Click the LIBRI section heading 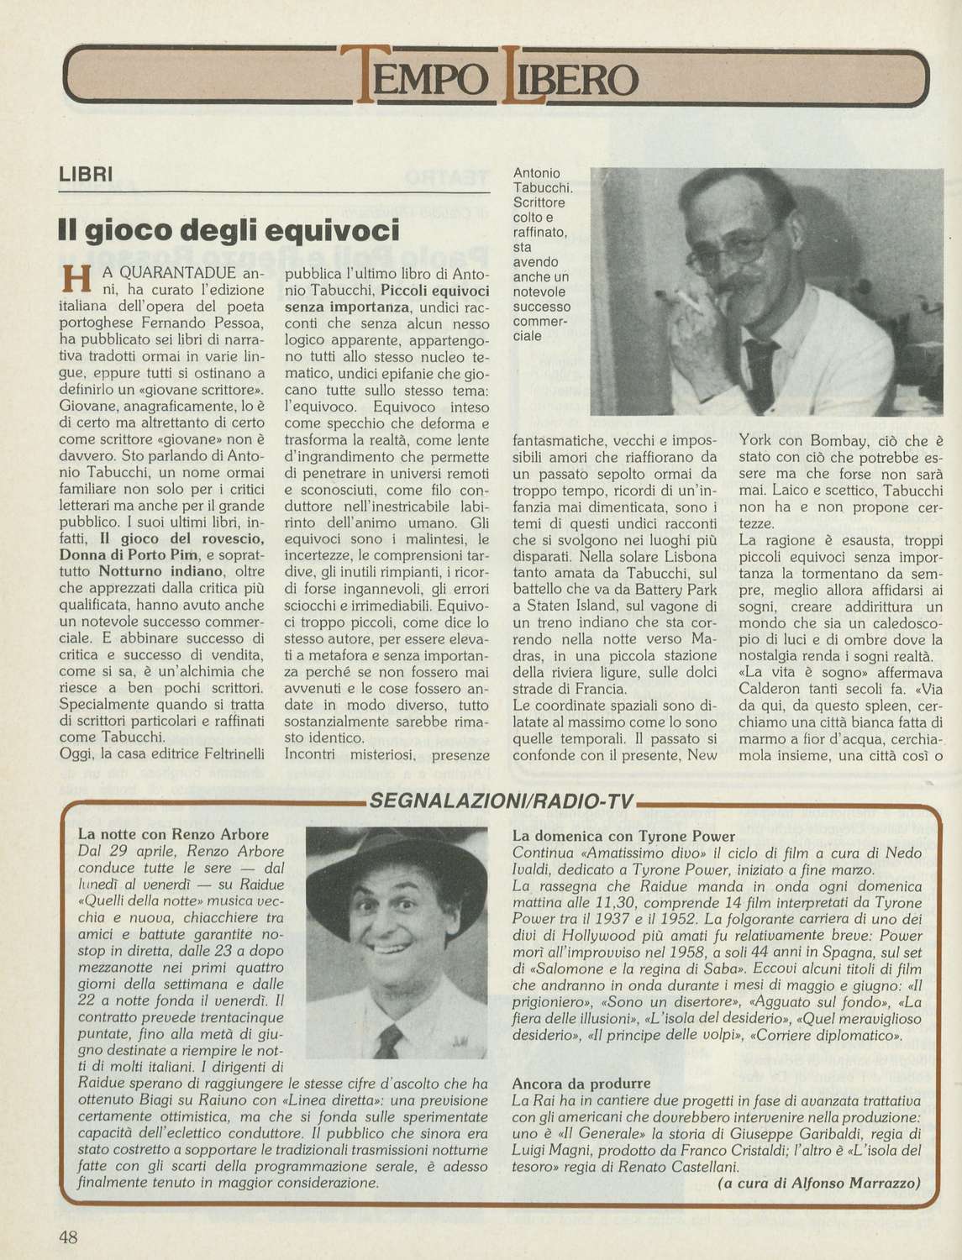[86, 176]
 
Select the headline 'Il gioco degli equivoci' [227, 228]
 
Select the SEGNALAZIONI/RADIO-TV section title [501, 802]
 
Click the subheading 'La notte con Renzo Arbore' [173, 834]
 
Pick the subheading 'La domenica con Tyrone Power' [623, 836]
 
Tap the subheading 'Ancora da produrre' [581, 1084]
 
